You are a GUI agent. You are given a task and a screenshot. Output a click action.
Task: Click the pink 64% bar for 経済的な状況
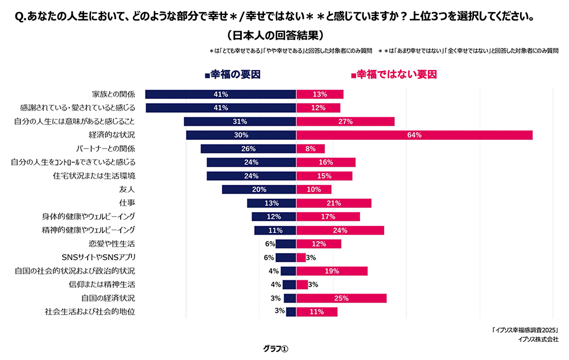[414, 135]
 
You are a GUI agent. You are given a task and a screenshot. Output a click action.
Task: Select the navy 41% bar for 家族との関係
[221, 94]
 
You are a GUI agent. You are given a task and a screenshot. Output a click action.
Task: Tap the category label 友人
[127, 189]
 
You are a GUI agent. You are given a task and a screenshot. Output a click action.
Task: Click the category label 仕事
[127, 203]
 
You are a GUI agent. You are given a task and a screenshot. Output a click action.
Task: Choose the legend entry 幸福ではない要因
[393, 75]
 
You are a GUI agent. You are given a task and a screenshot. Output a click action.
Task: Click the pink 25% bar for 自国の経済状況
[341, 298]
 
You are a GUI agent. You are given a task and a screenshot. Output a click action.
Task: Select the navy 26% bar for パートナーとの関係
[248, 148]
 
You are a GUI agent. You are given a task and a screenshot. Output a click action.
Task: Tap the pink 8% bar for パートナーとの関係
[310, 148]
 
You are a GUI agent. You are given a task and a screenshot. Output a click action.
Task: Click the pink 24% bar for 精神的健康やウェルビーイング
[340, 230]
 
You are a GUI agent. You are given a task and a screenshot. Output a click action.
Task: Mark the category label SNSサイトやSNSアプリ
[98, 257]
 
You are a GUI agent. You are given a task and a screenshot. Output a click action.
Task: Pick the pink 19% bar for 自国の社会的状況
[332, 271]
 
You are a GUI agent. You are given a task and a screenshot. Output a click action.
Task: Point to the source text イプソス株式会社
[538, 339]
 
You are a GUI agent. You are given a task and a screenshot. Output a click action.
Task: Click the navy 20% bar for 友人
[259, 189]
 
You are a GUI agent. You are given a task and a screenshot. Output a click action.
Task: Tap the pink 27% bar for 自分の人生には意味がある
[345, 121]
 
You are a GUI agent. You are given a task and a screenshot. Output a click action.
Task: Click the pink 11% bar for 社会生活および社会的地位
[317, 312]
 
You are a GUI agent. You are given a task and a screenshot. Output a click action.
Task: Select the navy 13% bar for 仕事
[271, 203]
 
